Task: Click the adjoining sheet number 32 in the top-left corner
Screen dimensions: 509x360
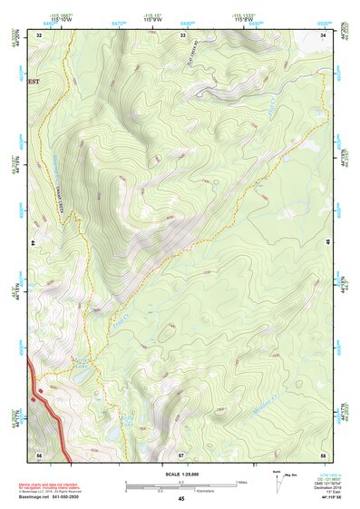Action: coord(39,34)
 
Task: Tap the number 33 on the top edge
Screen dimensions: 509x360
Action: coord(183,34)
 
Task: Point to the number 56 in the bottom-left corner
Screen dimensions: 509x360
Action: coord(39,453)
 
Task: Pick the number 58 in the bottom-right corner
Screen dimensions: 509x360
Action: coord(325,453)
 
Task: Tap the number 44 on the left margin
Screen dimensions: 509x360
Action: coord(33,244)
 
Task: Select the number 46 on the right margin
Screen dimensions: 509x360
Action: coord(328,244)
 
